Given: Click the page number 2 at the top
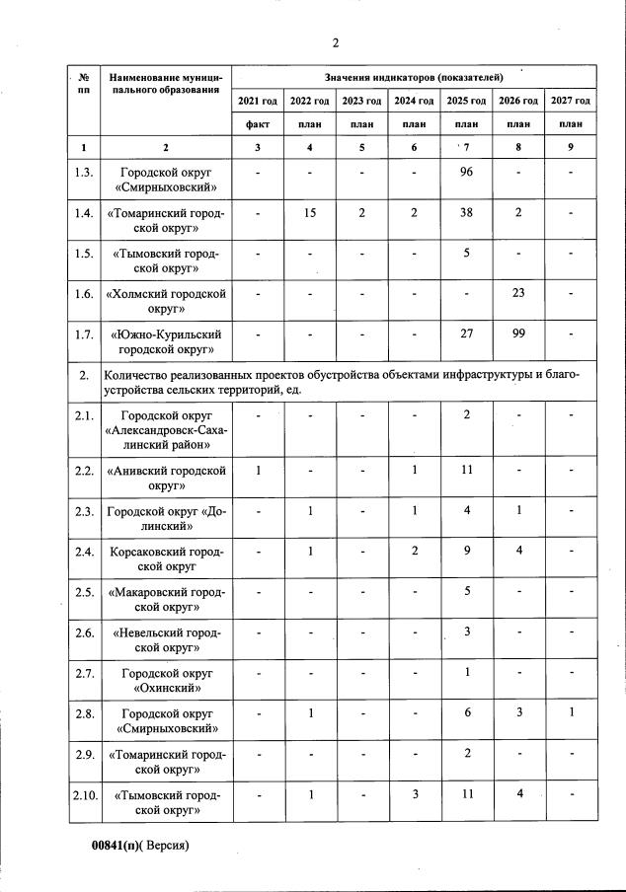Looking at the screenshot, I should point(336,41).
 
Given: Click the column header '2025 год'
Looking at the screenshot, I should point(466,101).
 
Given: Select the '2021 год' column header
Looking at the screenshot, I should point(258,101).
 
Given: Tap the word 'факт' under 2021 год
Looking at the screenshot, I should point(258,124).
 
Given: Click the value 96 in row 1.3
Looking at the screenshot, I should point(466,171).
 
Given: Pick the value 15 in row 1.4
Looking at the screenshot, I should point(310,211).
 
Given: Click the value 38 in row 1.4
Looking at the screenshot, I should point(466,211).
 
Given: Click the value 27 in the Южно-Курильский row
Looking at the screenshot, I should point(466,334).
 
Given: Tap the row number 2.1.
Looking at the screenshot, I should point(84,414).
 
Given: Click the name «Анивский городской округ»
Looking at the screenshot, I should point(166,478).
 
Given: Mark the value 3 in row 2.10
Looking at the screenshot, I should point(414,793).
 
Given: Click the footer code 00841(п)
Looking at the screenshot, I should point(112,846).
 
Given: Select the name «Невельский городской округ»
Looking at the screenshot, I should point(166,639).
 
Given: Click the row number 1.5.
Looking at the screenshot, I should point(84,253).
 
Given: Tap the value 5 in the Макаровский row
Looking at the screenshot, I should point(466,591).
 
